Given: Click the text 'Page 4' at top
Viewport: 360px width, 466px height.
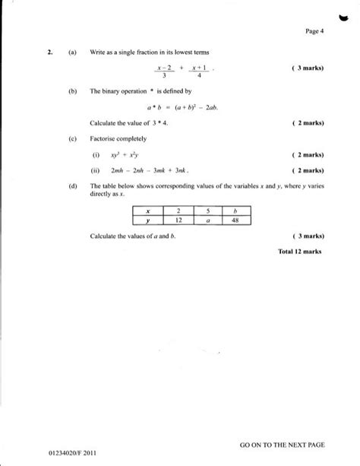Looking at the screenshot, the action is pos(314,30).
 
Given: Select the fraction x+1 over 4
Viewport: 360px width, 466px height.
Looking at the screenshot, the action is pos(199,71).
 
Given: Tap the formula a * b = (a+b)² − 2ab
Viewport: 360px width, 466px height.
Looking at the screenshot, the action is pos(181,106).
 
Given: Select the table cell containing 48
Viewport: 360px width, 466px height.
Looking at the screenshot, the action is pos(236,220).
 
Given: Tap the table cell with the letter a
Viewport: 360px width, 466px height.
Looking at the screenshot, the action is pos(207,220).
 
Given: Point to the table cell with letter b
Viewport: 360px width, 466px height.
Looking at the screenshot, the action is pos(236,211).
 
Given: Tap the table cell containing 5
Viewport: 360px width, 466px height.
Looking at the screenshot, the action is pos(207,211).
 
